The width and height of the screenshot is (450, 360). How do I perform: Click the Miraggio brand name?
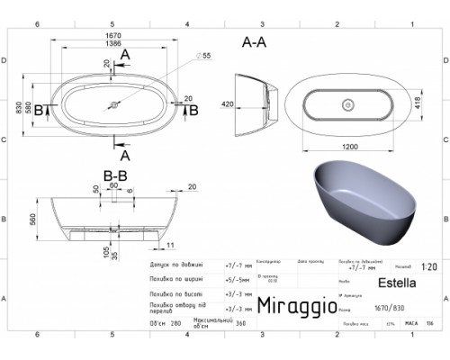(x=298, y=307)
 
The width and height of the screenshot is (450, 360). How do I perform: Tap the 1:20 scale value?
(x=428, y=267)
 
